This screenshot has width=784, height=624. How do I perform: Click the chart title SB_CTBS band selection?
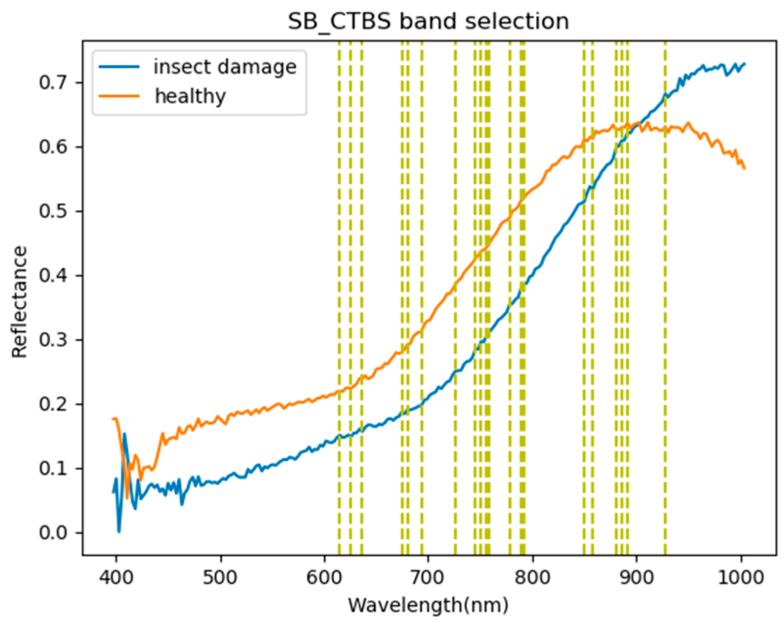(428, 21)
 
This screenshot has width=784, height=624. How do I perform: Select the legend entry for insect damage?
(224, 67)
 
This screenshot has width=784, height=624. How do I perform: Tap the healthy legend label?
(190, 96)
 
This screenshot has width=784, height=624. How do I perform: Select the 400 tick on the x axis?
(116, 578)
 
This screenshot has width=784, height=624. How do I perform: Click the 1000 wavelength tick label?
(741, 578)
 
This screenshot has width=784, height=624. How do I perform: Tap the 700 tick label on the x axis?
(428, 578)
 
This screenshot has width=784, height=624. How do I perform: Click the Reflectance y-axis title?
(20, 302)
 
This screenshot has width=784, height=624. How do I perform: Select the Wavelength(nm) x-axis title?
(428, 605)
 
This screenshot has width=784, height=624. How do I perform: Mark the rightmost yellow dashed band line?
(665, 293)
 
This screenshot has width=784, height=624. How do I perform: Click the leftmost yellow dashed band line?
(340, 293)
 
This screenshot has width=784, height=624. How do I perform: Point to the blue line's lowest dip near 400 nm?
(119, 531)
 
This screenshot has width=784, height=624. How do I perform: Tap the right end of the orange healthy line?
(744, 168)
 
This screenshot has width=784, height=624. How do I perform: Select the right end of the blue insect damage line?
(744, 63)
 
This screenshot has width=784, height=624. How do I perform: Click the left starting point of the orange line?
(113, 419)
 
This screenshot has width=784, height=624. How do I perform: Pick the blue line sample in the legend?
(119, 67)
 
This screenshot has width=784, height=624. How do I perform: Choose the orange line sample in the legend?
(119, 96)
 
